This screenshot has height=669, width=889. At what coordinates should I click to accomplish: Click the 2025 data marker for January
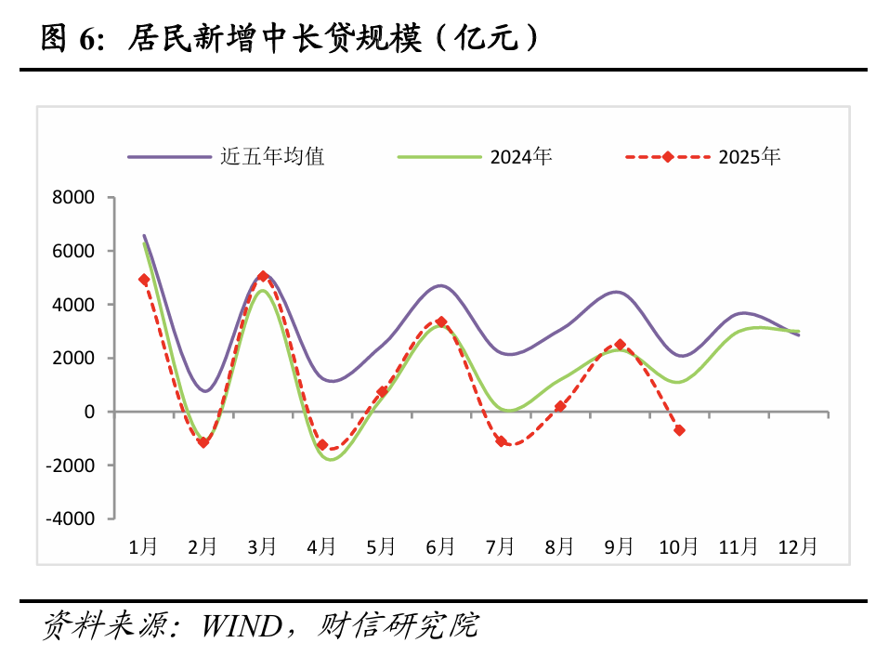[144, 280]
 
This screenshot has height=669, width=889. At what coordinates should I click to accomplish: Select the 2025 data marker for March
[263, 277]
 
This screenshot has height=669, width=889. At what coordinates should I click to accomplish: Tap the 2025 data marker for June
[441, 322]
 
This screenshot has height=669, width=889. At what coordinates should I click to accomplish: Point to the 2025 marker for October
[679, 430]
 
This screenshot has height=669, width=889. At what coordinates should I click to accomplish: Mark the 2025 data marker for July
[501, 441]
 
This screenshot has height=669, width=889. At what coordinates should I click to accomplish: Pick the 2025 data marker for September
[620, 345]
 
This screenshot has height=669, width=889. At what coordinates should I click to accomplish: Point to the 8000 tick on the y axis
[75, 197]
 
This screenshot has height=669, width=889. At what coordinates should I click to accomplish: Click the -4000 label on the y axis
[72, 518]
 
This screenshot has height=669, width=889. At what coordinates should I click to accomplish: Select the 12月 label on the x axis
[798, 547]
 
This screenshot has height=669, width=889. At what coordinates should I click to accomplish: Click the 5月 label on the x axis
[381, 547]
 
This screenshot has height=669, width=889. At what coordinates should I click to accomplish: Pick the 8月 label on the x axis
[559, 547]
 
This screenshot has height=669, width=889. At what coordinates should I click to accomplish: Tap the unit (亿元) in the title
[488, 38]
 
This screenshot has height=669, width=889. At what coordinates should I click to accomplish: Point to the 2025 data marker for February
[203, 442]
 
